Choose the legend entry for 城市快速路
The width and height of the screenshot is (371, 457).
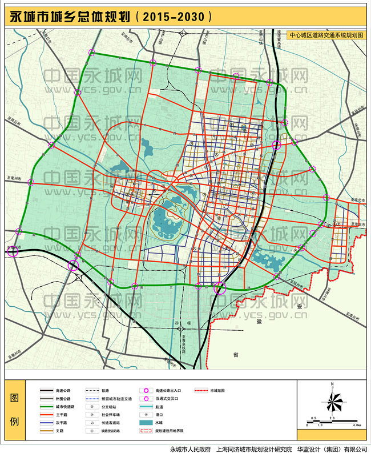[x=63, y=407]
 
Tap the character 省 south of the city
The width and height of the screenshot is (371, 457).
[x=235, y=355]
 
